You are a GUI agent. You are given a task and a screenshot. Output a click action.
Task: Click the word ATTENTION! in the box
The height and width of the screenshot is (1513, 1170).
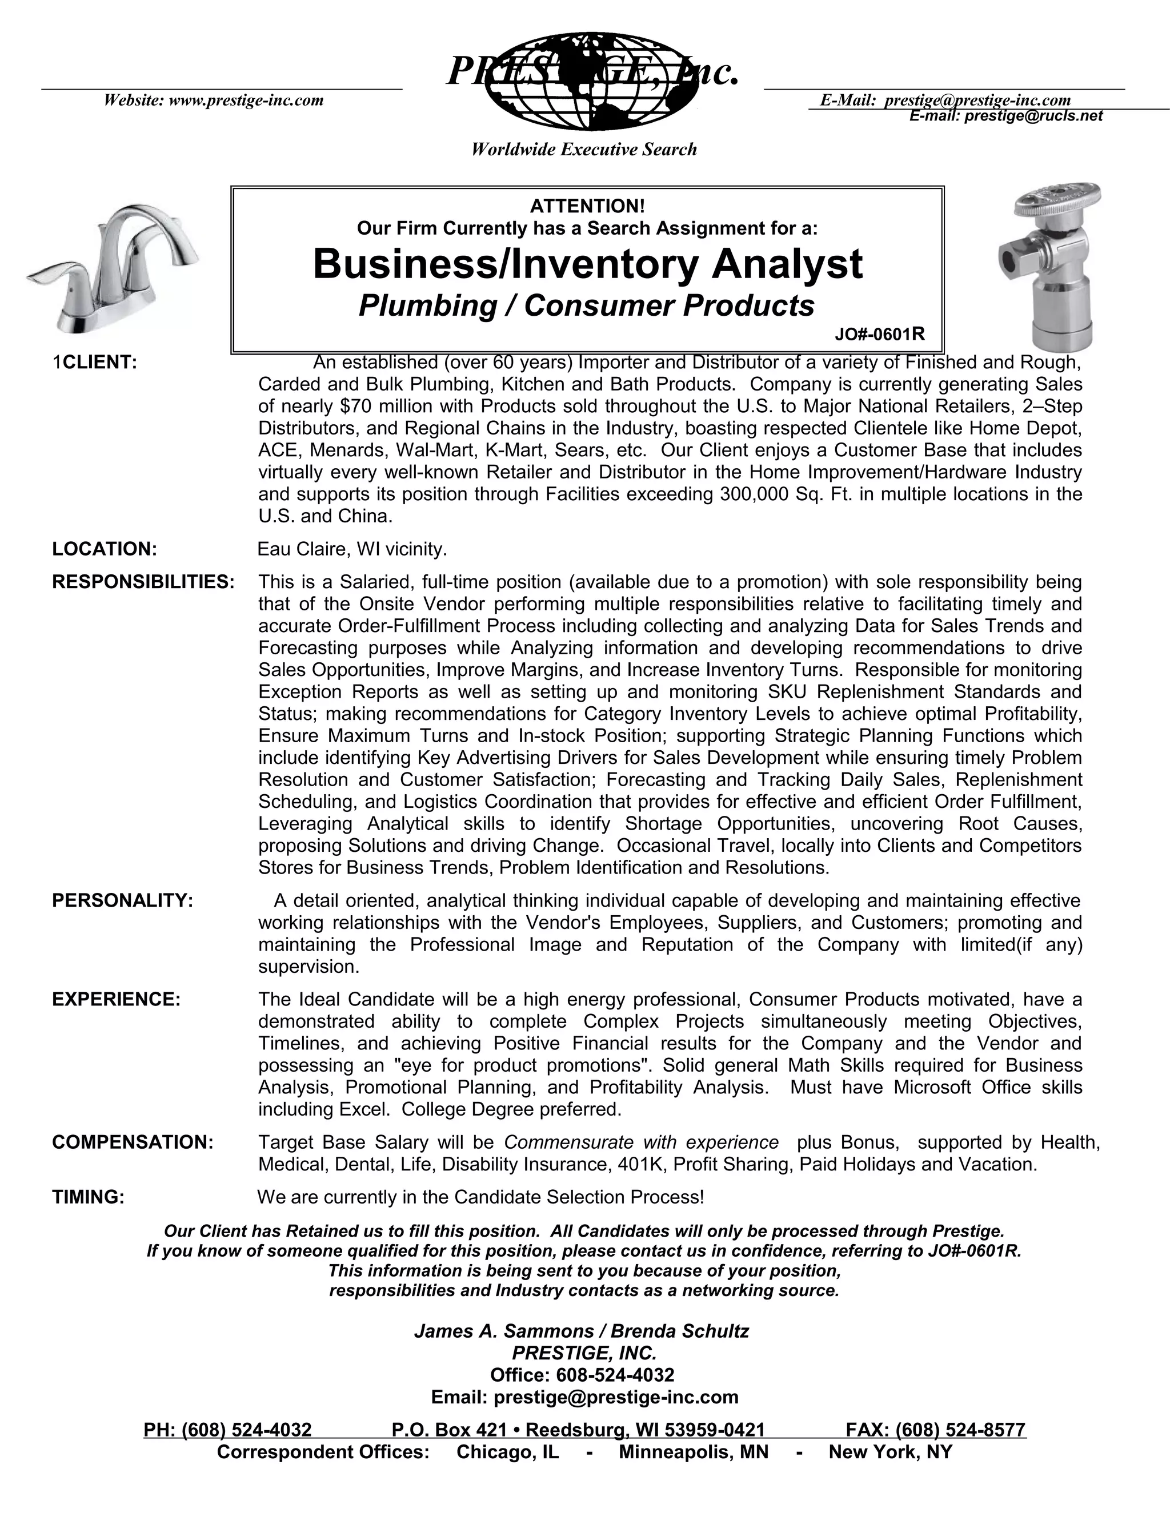click(x=587, y=206)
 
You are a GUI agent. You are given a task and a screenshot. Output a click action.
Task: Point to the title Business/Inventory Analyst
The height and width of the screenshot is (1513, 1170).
click(x=587, y=264)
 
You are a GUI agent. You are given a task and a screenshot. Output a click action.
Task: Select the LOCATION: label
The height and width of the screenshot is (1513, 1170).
click(x=105, y=549)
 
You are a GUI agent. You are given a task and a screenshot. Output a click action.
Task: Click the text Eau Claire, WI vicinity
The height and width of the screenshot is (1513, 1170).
click(x=352, y=549)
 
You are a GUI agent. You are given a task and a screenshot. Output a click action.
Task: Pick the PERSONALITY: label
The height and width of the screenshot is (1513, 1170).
click(x=123, y=900)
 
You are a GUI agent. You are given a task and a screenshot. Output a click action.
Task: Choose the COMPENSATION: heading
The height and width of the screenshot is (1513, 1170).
click(x=133, y=1142)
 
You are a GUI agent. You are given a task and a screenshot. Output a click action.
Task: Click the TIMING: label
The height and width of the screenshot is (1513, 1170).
click(x=89, y=1197)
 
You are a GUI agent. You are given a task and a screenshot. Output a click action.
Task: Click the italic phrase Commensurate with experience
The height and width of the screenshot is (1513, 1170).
click(x=641, y=1142)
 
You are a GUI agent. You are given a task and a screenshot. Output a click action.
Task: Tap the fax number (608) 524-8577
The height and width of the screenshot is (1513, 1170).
click(x=960, y=1430)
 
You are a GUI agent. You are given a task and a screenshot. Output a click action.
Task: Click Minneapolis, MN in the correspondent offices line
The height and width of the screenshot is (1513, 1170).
click(x=693, y=1452)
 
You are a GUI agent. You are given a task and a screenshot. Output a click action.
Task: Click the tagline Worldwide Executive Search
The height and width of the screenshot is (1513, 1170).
click(x=584, y=150)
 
